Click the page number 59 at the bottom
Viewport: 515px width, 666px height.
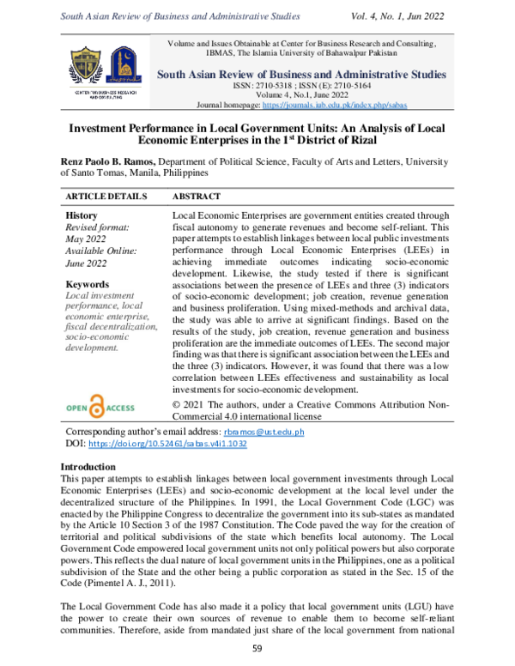[257, 650]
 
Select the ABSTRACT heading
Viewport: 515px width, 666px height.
[197, 197]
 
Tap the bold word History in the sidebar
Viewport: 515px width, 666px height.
[81, 215]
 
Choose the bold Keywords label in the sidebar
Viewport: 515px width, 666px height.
[86, 284]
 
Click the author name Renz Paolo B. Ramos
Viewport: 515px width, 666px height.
[116, 160]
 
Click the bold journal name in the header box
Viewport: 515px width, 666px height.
[301, 74]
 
